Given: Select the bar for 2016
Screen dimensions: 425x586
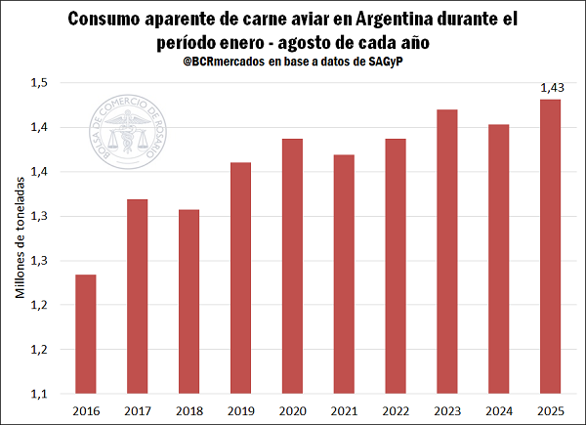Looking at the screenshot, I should [86, 334].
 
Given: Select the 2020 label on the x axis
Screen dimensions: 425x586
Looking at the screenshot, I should [289, 411].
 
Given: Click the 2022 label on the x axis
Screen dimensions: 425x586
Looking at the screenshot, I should [391, 411].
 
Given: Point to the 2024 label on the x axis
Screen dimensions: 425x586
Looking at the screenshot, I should [492, 411].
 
